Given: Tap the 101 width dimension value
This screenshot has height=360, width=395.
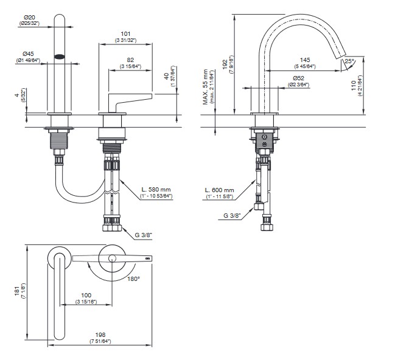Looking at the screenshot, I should (126, 33).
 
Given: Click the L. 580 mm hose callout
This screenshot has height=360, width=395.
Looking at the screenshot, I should (156, 190).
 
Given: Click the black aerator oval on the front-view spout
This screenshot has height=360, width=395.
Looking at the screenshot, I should (60, 56).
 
